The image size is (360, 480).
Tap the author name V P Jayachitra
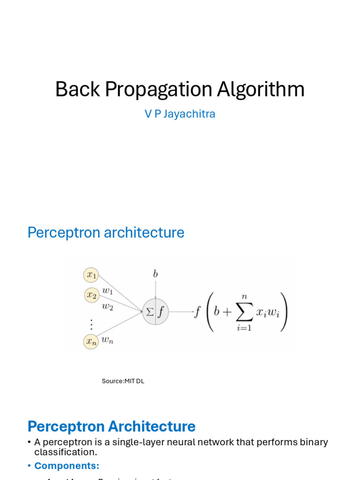pyautogui.click(x=180, y=114)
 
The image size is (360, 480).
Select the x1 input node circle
pyautogui.click(x=91, y=275)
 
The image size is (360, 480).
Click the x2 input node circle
pyautogui.click(x=92, y=295)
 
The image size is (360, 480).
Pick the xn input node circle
pyautogui.click(x=91, y=342)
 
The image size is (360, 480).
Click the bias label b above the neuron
pyautogui.click(x=155, y=274)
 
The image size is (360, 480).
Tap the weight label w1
pyautogui.click(x=108, y=291)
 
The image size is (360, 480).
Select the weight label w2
pyautogui.click(x=108, y=307)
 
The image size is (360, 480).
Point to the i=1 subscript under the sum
pyautogui.click(x=244, y=328)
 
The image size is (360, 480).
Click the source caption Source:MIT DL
pyautogui.click(x=123, y=381)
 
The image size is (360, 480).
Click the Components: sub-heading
pyautogui.click(x=67, y=466)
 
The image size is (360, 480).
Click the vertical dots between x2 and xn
pyautogui.click(x=91, y=324)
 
